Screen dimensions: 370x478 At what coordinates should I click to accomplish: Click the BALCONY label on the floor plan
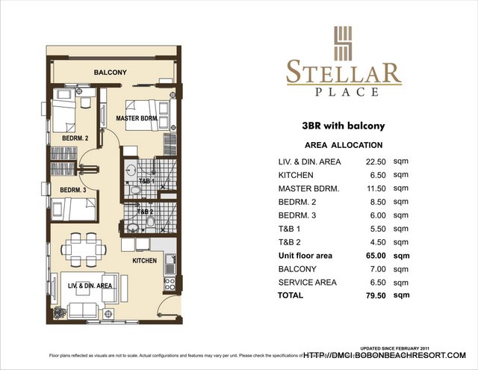pyautogui.click(x=110, y=73)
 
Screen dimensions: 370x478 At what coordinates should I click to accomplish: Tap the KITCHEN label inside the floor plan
pyautogui.click(x=144, y=261)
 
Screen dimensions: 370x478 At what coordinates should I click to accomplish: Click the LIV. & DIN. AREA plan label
pyautogui.click(x=90, y=286)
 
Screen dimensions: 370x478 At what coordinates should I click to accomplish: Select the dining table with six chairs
pyautogui.click(x=83, y=245)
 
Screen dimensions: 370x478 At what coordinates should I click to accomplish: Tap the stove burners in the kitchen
pyautogui.click(x=170, y=284)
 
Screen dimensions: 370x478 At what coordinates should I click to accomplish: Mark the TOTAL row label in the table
pyautogui.click(x=291, y=295)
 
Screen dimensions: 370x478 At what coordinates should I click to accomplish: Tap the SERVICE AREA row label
pyautogui.click(x=307, y=282)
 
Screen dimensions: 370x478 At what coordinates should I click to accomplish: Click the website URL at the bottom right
pyautogui.click(x=384, y=355)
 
